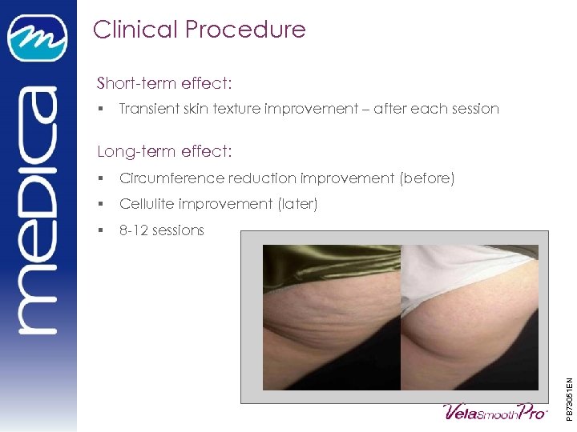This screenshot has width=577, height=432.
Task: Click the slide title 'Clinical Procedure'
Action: pos(199,30)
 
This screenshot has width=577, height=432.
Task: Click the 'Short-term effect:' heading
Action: pos(164,83)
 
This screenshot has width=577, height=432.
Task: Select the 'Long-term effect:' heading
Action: pos(164,151)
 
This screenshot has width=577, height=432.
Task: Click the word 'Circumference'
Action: pos(171,178)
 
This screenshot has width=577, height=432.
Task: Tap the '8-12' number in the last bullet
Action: pos(133,230)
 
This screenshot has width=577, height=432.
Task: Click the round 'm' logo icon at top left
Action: pos(38,38)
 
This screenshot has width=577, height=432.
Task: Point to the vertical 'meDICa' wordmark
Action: pos(38,208)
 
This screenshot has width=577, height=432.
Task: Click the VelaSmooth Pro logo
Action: pos(494,411)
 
